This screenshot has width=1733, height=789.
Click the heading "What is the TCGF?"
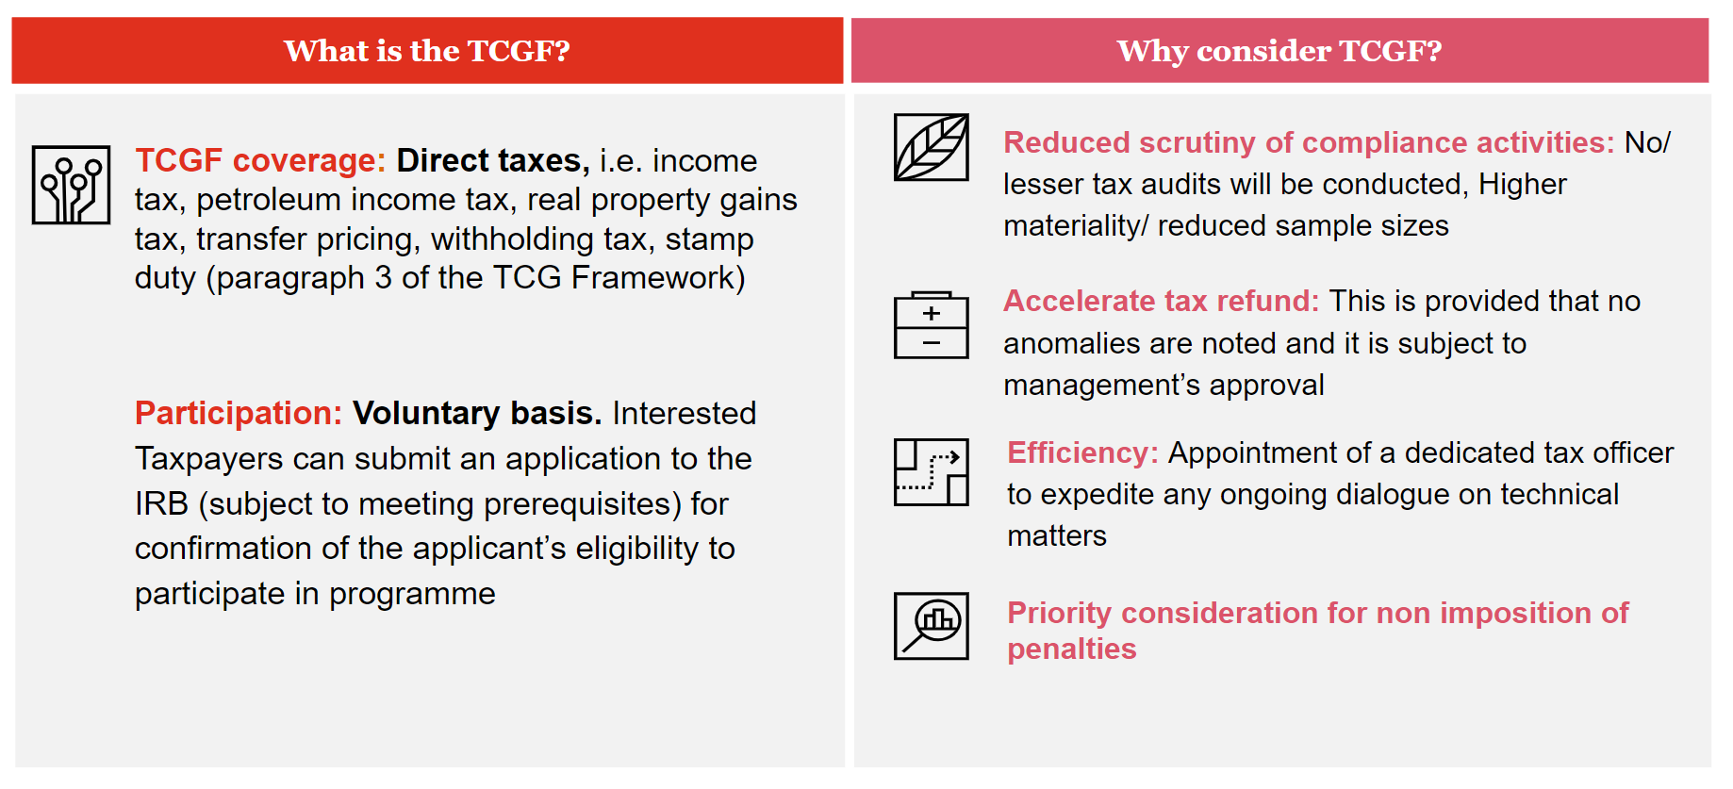tap(427, 51)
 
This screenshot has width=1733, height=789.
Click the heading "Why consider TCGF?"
tap(1279, 51)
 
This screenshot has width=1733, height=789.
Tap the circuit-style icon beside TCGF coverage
tap(71, 185)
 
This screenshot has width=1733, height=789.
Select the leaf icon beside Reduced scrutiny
tap(932, 147)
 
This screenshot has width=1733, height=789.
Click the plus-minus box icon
tap(932, 325)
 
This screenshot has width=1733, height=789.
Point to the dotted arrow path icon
tap(932, 472)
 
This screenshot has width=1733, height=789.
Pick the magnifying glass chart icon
tap(932, 626)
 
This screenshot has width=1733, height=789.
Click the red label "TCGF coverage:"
tap(260, 160)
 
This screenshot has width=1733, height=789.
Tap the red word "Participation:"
tap(239, 413)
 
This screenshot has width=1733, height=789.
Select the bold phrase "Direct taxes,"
tap(493, 160)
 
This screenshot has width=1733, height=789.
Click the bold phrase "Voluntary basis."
tap(477, 413)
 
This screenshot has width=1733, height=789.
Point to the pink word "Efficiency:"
tap(1082, 452)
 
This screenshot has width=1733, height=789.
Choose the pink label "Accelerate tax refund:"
tap(1162, 301)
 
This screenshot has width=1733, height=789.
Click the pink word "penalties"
tap(1072, 649)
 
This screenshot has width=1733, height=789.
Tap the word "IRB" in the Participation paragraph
tap(162, 503)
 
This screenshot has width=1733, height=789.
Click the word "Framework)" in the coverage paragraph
tap(658, 278)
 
